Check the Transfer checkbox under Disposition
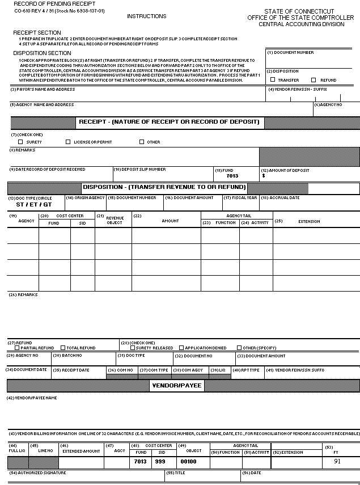tap(273, 80)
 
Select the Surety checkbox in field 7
tap(20, 142)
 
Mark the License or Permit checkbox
tap(68, 142)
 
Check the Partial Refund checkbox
tap(17, 348)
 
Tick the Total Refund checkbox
tap(63, 348)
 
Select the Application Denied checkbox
tap(181, 348)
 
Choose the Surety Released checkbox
tap(132, 348)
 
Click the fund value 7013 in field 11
tap(232, 176)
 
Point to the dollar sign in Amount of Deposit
tap(264, 176)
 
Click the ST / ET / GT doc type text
tap(34, 204)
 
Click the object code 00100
tap(188, 462)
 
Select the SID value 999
tap(162, 462)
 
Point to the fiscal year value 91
tap(337, 461)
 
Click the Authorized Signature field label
tap(37, 473)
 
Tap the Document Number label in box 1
tap(290, 53)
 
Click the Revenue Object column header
tap(115, 220)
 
